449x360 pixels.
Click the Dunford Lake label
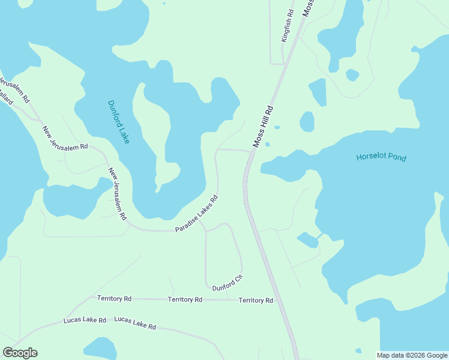[x=118, y=121]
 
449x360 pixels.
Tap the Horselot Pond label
[x=381, y=158]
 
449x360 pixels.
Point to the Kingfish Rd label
[x=288, y=25]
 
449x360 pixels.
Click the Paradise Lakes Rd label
[x=196, y=214]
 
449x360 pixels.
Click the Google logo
[x=20, y=353]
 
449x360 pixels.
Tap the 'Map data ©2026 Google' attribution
[x=412, y=355]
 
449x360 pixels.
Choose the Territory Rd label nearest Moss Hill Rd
[x=256, y=300]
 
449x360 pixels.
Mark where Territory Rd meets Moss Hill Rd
[x=275, y=300]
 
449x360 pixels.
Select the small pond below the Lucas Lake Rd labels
[x=100, y=349]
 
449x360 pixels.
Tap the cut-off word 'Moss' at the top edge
[x=308, y=8]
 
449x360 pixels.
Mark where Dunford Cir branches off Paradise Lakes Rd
[x=205, y=229]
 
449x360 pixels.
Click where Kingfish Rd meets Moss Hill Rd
[x=284, y=64]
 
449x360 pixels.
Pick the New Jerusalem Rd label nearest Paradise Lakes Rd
[x=118, y=193]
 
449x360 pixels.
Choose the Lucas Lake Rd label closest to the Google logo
[x=85, y=320]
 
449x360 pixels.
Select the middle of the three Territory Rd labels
[x=185, y=299]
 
